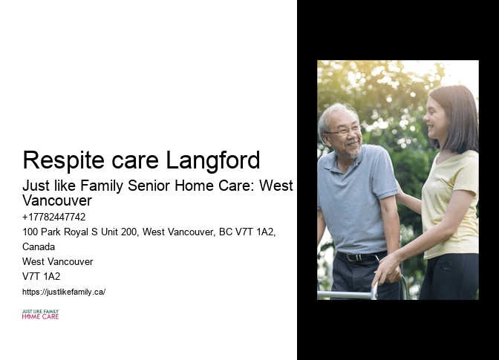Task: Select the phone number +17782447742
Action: pos(54,217)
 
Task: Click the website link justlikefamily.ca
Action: pos(64,292)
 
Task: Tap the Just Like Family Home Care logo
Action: pos(40,315)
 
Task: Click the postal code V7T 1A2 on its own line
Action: pos(42,277)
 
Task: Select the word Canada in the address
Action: pos(39,247)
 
